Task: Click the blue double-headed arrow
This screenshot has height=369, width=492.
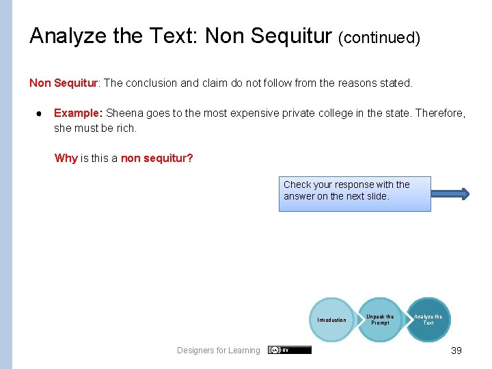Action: click(452, 194)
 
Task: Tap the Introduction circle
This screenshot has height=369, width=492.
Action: click(331, 320)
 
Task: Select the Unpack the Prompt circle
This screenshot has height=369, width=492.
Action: click(380, 319)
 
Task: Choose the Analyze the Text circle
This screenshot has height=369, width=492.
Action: click(428, 319)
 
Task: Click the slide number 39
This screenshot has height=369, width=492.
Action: click(456, 351)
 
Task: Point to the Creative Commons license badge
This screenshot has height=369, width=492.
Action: click(290, 350)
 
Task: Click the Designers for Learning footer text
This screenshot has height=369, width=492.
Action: click(219, 351)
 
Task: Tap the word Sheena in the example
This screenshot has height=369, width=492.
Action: click(124, 113)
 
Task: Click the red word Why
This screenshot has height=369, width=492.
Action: click(66, 158)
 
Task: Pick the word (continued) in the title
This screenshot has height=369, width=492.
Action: click(379, 38)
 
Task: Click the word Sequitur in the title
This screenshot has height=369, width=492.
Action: click(299, 36)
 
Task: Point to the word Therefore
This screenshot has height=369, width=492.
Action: click(441, 113)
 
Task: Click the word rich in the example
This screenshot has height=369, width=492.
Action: click(126, 128)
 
